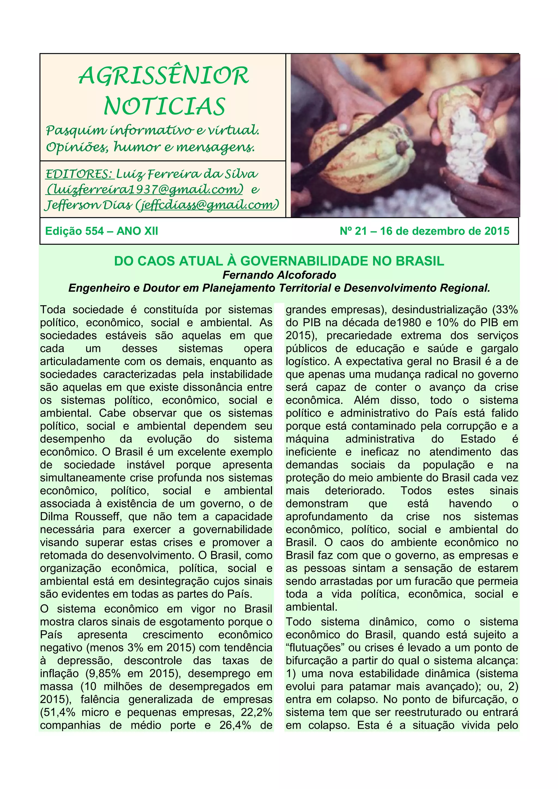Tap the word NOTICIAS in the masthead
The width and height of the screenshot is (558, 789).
[164, 106]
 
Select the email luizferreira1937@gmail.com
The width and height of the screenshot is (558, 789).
[145, 189]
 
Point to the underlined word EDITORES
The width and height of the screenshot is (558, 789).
[79, 174]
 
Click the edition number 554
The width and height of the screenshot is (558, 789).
[95, 231]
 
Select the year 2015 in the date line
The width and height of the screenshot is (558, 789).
[497, 231]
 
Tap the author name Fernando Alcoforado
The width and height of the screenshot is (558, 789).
[279, 275]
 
